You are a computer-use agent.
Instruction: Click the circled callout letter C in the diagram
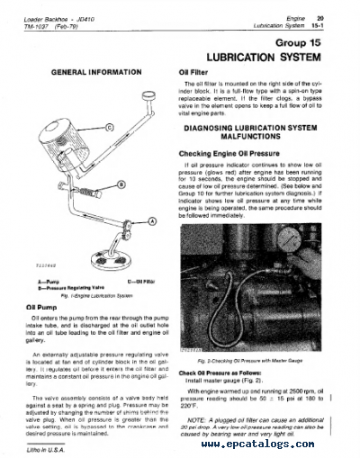[110, 128]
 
